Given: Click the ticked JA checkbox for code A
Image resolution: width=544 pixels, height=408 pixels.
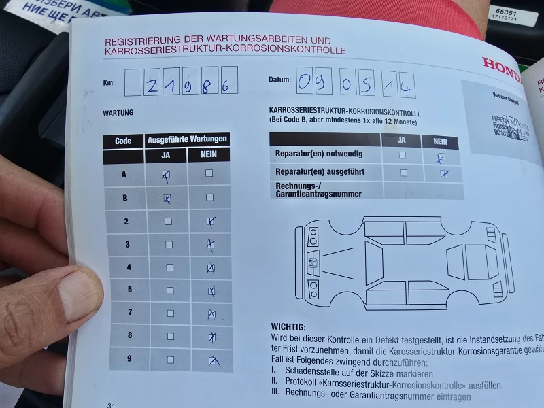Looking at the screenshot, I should point(165,175).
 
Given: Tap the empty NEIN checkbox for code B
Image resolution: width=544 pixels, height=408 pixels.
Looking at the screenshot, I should point(209,198).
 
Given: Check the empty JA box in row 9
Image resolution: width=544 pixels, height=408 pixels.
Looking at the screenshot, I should point(169,360).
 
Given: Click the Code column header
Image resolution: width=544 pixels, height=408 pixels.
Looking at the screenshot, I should point(123,141).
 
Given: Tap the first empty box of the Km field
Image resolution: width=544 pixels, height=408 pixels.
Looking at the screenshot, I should point(133,82).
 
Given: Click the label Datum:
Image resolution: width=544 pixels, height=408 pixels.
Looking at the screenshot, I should point(279,80).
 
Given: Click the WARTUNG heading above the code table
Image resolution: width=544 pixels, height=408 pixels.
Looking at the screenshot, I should point(118,112).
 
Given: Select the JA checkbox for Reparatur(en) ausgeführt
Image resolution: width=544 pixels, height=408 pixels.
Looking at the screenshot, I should point(403,173).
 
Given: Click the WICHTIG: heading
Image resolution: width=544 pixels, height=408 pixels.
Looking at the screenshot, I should point(288,327).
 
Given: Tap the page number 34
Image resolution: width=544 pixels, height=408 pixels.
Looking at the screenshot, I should point(110,405).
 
